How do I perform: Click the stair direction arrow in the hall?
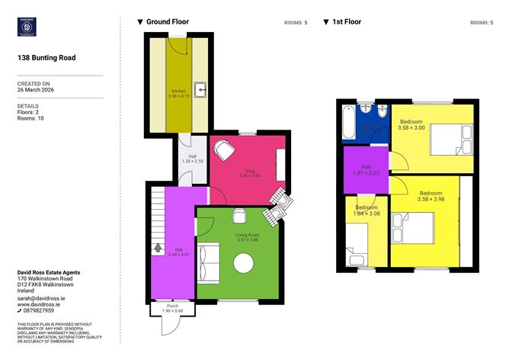(158, 247)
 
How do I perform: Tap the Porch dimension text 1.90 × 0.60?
(173, 311)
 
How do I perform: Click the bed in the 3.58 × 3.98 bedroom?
(412, 227)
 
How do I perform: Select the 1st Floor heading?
(347, 22)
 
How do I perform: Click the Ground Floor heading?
(167, 22)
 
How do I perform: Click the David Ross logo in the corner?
(29, 27)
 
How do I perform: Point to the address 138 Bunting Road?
(46, 57)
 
